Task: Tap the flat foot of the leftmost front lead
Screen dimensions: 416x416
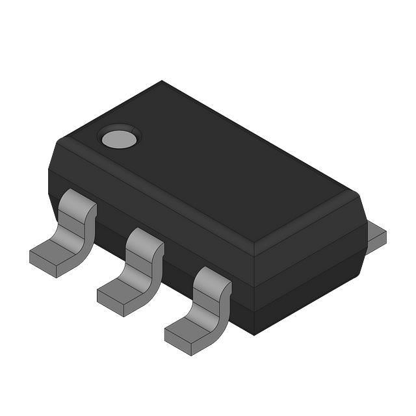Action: tap(55, 255)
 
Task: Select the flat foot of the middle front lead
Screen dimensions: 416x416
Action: tap(123, 291)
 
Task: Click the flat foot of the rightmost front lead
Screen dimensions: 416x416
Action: tap(190, 329)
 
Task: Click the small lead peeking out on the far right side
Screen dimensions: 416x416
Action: tap(376, 235)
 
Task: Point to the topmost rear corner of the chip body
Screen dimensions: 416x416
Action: tap(162, 82)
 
